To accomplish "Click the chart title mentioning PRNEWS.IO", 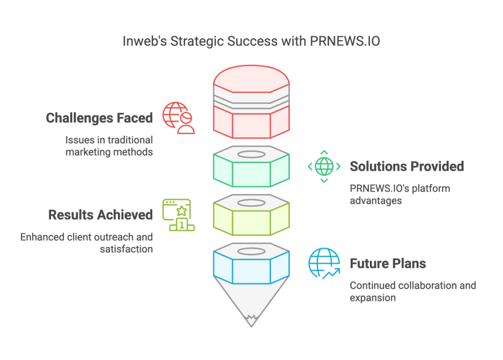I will tap(251, 41).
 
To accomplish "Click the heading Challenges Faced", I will tap(99, 118).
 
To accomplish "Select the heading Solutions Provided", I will tap(406, 166).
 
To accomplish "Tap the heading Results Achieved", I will tap(100, 215).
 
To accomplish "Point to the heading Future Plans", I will tap(388, 264).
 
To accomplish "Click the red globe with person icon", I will tap(179, 118).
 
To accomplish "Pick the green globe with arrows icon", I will tap(324, 166).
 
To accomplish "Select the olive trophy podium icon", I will tap(178, 215).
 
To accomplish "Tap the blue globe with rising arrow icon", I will tap(324, 263).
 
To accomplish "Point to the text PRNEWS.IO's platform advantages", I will tap(399, 194).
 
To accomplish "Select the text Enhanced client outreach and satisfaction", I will tap(86, 243).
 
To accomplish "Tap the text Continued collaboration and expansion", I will tap(413, 292).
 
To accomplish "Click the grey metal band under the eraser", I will tap(251, 99).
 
